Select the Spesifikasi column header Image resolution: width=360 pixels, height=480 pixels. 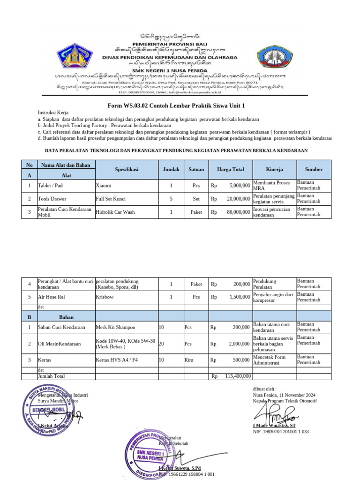coord(126,170)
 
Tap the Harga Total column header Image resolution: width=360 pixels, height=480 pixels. coord(231,170)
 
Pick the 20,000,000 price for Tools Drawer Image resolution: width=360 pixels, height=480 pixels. coord(237,199)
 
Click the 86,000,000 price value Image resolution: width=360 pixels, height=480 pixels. coord(237,212)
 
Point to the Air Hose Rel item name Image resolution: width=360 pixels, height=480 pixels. coord(51,297)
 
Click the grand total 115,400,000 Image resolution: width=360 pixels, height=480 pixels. coord(238,376)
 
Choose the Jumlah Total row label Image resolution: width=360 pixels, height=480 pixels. coord(52,376)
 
